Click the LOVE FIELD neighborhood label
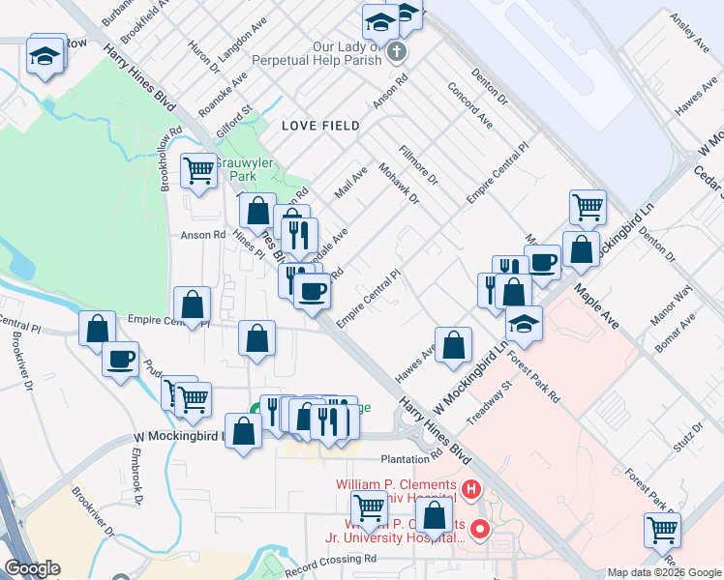pyautogui.click(x=320, y=126)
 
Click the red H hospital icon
pyautogui.click(x=471, y=490)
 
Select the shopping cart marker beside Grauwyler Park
pyautogui.click(x=199, y=171)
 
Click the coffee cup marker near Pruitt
pyautogui.click(x=120, y=359)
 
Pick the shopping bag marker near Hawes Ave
pyautogui.click(x=453, y=345)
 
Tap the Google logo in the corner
pyautogui.click(x=31, y=568)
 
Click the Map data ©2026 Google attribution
pyautogui.click(x=664, y=572)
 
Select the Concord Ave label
pyautogui.click(x=470, y=105)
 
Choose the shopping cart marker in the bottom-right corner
pyautogui.click(x=662, y=529)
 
